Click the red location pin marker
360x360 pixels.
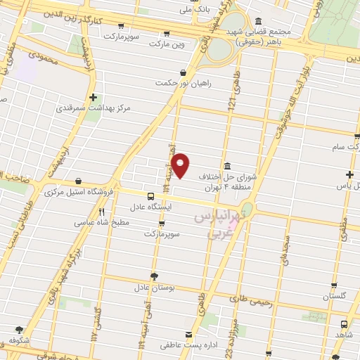tap(181, 165)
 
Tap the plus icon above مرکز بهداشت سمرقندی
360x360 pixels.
tap(93, 97)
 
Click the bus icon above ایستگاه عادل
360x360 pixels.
tap(151, 196)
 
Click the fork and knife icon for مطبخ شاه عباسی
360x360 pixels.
tap(101, 211)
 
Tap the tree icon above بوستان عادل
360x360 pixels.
tap(153, 276)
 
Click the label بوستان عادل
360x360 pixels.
tap(153, 288)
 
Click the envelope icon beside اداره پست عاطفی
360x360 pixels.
tap(188, 335)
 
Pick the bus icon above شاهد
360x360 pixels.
tap(343, 325)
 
